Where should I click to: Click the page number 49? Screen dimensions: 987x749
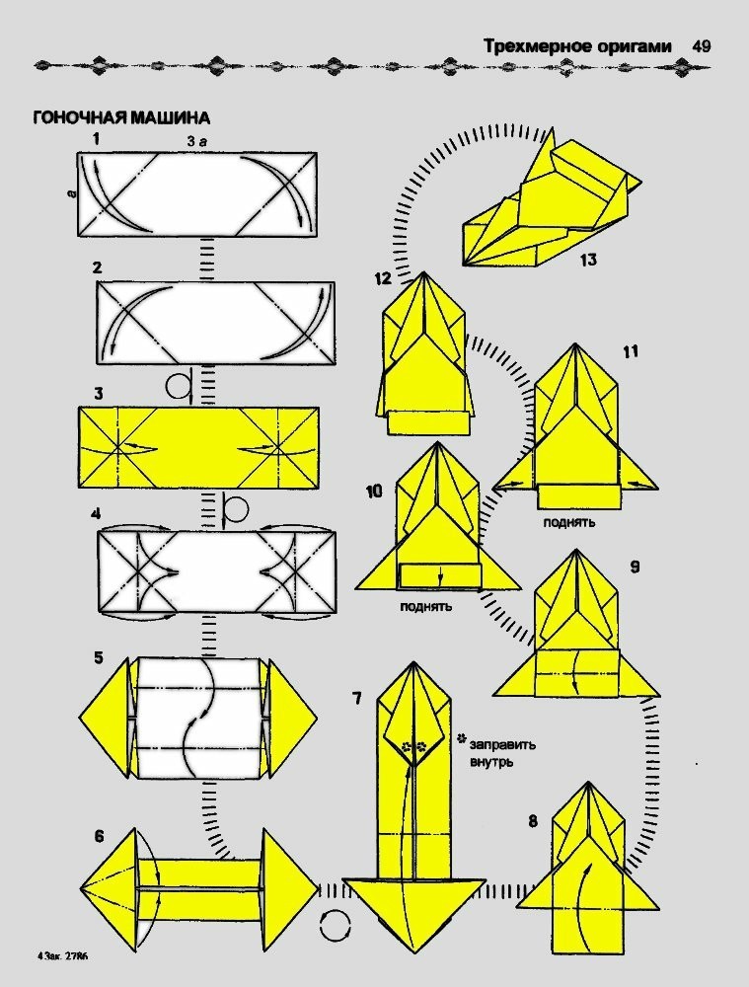pos(702,46)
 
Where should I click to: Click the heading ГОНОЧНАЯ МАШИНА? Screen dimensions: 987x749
pos(121,117)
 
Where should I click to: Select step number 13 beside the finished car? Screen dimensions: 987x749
pos(588,261)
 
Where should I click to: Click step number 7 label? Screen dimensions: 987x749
pos(356,699)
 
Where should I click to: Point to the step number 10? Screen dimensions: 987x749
pos(374,491)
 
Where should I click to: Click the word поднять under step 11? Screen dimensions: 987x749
pos(569,521)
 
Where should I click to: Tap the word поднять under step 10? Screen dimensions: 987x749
pos(426,606)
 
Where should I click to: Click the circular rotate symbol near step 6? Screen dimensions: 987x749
pos(337,926)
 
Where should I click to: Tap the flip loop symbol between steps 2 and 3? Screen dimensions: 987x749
pos(178,386)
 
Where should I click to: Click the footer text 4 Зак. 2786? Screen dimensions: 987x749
pos(69,956)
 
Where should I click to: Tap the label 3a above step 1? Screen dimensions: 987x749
pos(196,141)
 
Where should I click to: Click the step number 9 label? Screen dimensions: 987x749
pos(634,567)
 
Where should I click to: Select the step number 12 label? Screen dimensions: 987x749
pos(383,279)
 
